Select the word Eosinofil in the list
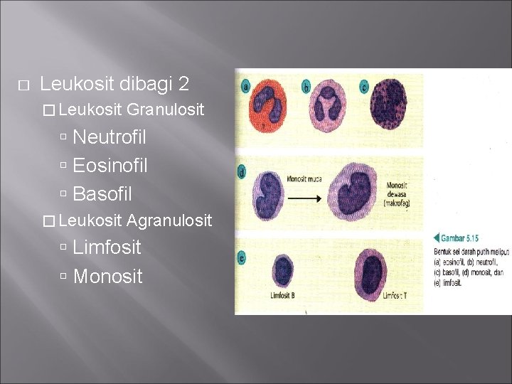pos(110,165)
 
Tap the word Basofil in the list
pos(102,193)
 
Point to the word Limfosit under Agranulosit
pos(107,247)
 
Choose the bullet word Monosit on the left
pos(107,276)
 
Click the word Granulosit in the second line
pos(166,110)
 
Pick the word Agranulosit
pos(169,220)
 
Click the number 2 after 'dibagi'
pos(184,84)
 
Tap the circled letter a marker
pos(246,87)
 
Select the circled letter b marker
pos(306,87)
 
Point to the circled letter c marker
pos(363,87)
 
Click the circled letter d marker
pos(244,171)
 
